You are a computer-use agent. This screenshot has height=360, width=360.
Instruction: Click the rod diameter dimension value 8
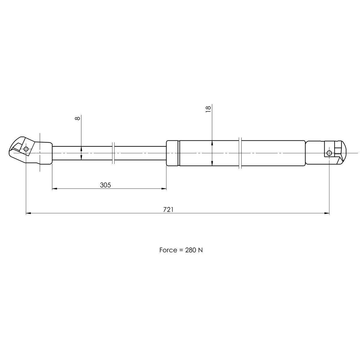point(78,118)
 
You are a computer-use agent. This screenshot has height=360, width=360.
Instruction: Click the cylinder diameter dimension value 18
point(208,109)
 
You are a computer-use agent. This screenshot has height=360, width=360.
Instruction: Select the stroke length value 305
point(105,185)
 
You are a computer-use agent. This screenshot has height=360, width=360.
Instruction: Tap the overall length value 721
point(168,210)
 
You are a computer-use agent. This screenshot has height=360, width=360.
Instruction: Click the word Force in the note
point(168,250)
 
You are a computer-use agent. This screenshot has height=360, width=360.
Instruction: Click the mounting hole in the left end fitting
point(26,149)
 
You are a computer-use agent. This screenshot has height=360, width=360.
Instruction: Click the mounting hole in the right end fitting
point(329,153)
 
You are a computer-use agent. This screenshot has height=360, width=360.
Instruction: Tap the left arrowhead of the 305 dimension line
point(54,189)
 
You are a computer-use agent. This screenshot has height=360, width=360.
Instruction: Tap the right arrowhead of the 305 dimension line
point(164,189)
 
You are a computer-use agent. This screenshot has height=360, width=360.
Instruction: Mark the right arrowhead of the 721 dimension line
point(327,213)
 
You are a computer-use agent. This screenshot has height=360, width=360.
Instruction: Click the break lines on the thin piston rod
point(113,153)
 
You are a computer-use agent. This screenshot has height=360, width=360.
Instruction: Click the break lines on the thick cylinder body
point(240,153)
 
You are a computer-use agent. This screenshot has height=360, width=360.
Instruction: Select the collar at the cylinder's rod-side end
point(172,153)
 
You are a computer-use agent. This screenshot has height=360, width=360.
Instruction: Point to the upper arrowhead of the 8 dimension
point(81,148)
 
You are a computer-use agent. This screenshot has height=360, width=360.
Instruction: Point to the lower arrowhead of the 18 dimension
point(212,163)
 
